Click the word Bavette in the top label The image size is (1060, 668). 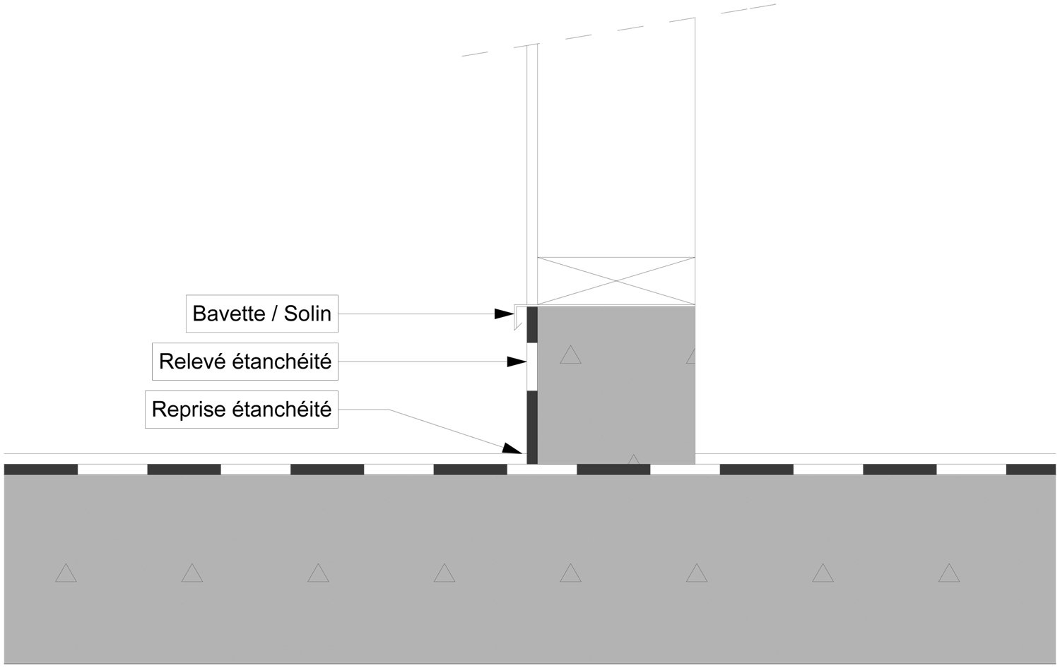click(x=229, y=314)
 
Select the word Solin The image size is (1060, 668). click(x=307, y=314)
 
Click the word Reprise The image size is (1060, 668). click(x=189, y=410)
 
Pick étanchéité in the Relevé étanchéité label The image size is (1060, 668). click(x=281, y=362)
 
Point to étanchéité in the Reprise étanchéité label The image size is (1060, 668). click(x=282, y=410)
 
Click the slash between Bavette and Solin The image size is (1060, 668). click(x=274, y=314)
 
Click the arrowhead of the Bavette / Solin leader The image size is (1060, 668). click(x=505, y=314)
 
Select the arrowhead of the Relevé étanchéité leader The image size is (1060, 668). click(x=517, y=362)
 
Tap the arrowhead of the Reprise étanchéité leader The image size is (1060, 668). click(x=512, y=448)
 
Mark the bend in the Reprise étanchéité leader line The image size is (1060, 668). click(x=388, y=410)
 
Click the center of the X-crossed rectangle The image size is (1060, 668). click(x=616, y=281)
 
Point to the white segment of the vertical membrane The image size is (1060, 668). click(x=532, y=367)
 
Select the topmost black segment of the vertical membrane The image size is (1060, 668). click(x=532, y=325)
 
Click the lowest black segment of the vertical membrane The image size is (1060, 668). click(x=532, y=428)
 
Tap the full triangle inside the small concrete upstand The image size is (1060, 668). click(x=570, y=355)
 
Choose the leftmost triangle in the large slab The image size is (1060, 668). click(x=66, y=573)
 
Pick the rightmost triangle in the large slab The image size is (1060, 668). click(x=949, y=573)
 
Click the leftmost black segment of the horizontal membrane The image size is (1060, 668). click(x=41, y=470)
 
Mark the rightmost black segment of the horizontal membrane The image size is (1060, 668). click(x=1030, y=470)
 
